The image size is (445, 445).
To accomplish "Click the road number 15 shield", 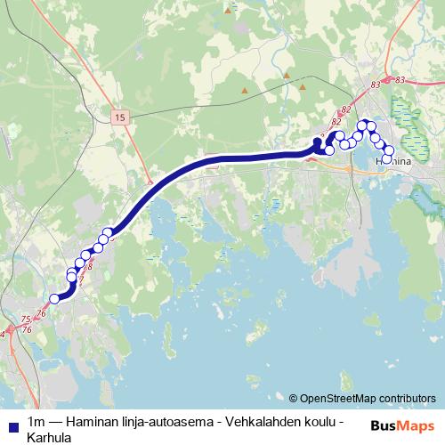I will [x=119, y=117].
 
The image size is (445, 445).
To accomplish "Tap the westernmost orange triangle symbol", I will [x=245, y=90].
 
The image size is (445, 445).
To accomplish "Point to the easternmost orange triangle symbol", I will [x=306, y=87].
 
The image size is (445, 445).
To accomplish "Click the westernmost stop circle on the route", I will [x=54, y=299].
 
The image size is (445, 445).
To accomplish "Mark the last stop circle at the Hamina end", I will [x=388, y=159].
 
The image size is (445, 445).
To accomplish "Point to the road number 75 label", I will [x=24, y=319].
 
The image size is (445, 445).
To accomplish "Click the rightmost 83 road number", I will [x=399, y=81].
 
